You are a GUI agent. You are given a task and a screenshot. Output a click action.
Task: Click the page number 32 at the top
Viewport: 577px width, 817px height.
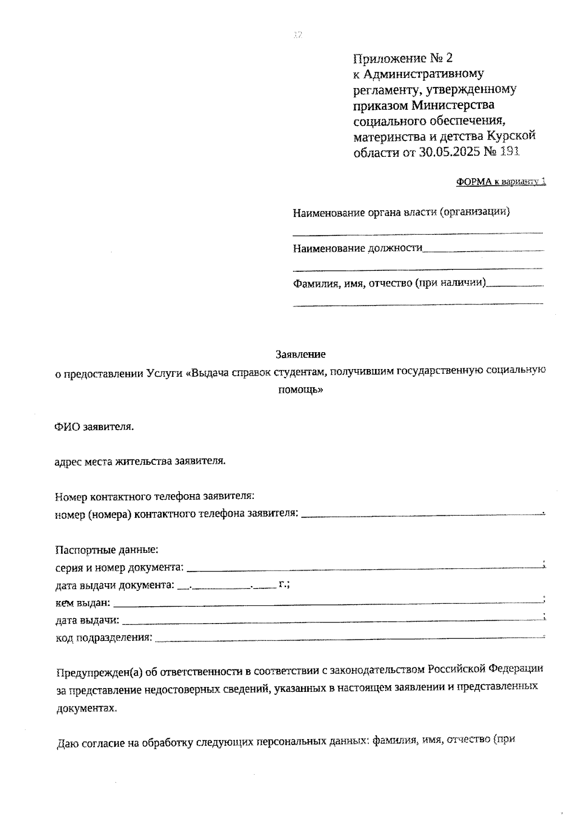pyautogui.click(x=298, y=35)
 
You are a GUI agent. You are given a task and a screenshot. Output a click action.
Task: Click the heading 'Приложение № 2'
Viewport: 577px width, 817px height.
pyautogui.click(x=403, y=58)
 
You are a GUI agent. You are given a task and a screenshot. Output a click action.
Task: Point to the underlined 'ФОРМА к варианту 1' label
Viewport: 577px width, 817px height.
pyautogui.click(x=501, y=182)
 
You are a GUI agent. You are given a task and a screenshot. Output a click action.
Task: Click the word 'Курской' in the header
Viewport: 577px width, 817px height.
pyautogui.click(x=511, y=136)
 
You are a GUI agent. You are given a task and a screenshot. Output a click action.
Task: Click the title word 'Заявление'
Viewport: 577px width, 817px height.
pyautogui.click(x=301, y=354)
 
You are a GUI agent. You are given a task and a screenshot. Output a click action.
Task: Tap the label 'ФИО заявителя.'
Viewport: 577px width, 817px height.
pyautogui.click(x=94, y=427)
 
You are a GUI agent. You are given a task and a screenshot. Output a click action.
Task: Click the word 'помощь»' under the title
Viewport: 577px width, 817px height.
pyautogui.click(x=301, y=390)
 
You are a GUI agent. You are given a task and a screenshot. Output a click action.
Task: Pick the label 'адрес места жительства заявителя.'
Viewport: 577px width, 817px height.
pyautogui.click(x=140, y=461)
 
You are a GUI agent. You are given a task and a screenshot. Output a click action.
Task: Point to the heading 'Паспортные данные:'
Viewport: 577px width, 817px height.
pyautogui.click(x=107, y=549)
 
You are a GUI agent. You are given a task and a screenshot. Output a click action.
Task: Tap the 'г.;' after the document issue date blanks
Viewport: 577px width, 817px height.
pyautogui.click(x=284, y=585)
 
